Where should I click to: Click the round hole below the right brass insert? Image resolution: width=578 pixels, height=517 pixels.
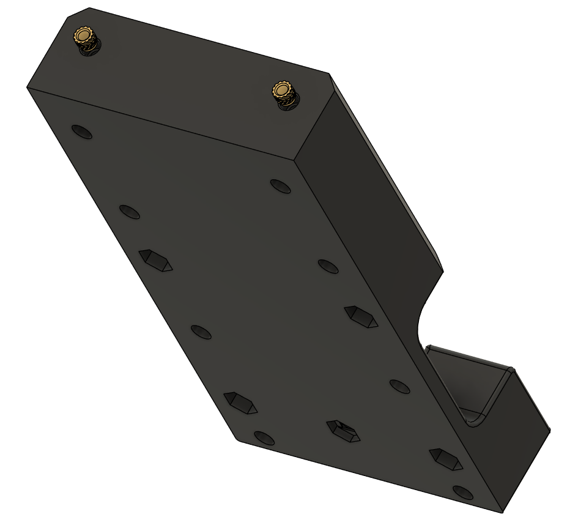[x=281, y=185]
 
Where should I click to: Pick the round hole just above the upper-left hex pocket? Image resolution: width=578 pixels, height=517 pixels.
[x=129, y=212]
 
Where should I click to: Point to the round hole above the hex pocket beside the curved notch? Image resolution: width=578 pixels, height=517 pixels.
[x=328, y=266]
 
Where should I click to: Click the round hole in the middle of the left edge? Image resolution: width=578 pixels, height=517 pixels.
[x=201, y=332]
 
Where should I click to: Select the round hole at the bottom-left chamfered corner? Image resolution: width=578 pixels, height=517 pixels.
[x=264, y=437]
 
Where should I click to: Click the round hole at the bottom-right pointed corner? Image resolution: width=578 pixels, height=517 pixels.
[x=464, y=492]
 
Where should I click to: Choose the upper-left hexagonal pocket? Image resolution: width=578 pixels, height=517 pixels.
[x=155, y=260]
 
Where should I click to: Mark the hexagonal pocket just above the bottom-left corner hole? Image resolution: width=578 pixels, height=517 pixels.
[x=240, y=403]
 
